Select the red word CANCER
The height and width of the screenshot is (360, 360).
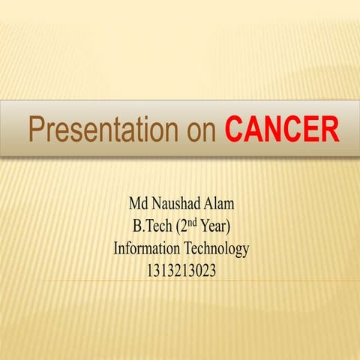pos(282,129)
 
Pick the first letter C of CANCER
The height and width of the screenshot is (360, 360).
pos(235,129)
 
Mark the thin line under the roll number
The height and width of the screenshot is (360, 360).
pos(180,281)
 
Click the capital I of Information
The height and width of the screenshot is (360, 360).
pos(116,248)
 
